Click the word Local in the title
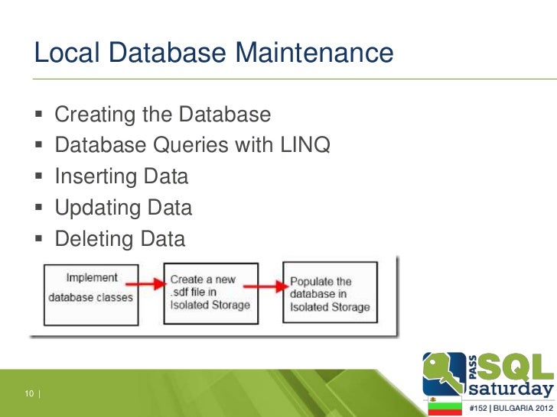click(x=65, y=53)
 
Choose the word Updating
click(x=97, y=208)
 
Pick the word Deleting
click(x=94, y=239)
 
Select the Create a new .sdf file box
click(x=209, y=293)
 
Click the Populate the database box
click(x=330, y=294)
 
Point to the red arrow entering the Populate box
click(x=269, y=284)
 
